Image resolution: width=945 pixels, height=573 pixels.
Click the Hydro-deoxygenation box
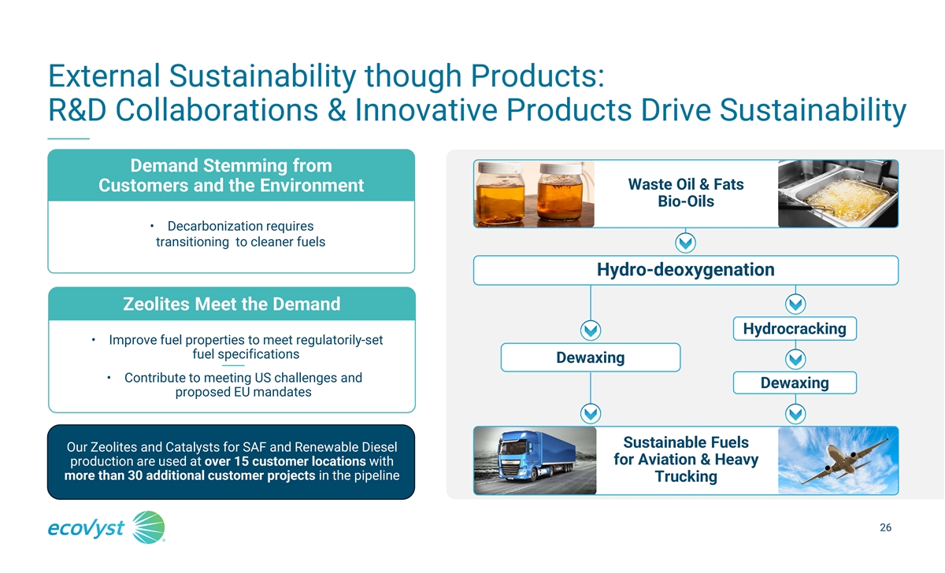tap(686, 270)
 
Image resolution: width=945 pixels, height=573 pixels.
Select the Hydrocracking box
tap(795, 328)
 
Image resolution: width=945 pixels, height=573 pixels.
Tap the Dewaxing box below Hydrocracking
tap(795, 383)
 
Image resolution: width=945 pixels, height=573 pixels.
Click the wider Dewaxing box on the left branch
tap(590, 357)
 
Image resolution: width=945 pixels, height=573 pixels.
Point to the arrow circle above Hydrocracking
tap(795, 304)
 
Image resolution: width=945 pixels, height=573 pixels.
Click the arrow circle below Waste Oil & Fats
tap(685, 243)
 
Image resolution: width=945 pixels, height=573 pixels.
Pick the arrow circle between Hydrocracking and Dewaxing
tap(795, 359)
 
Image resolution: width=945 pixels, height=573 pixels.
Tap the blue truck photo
tap(535, 460)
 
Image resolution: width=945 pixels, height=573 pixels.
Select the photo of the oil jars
tap(534, 194)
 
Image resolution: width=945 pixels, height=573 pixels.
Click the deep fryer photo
tap(838, 194)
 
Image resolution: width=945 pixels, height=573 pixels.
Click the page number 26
tap(885, 527)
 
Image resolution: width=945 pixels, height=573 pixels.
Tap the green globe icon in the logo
tap(149, 527)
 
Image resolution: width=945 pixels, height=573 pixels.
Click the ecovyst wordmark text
tap(86, 528)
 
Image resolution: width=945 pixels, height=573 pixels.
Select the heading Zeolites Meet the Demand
tap(232, 304)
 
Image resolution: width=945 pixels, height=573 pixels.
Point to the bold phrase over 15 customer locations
tap(285, 461)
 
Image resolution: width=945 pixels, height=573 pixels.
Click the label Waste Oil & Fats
tap(686, 184)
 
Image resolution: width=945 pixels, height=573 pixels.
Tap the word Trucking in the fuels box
tap(686, 476)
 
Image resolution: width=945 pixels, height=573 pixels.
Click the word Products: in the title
tap(537, 76)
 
